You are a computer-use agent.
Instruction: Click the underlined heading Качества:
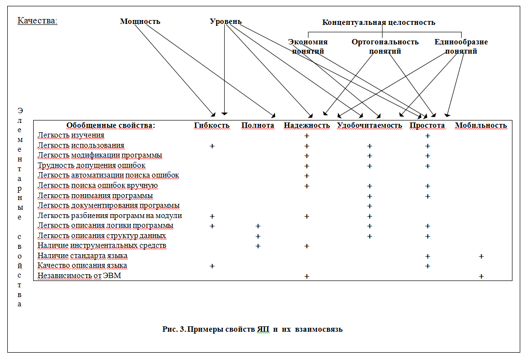click(37, 20)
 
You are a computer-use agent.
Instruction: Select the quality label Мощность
click(140, 21)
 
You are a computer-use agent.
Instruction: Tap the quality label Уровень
click(225, 21)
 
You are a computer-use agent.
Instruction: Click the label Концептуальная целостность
click(378, 22)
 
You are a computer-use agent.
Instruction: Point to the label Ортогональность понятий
click(385, 46)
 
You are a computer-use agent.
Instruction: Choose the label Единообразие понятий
click(461, 46)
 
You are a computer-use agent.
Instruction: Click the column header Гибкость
click(212, 125)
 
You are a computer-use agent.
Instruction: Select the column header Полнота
click(257, 125)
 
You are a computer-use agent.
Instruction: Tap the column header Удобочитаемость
click(370, 125)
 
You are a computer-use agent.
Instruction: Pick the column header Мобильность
click(481, 125)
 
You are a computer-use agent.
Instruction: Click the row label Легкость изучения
click(71, 135)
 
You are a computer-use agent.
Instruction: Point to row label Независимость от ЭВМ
click(79, 276)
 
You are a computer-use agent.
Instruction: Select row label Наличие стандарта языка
click(82, 256)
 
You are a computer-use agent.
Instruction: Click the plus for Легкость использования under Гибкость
click(212, 146)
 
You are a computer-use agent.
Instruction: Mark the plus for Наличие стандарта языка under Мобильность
click(481, 256)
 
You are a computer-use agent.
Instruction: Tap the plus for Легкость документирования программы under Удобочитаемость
click(370, 206)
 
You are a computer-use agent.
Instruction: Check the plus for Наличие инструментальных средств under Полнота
click(258, 246)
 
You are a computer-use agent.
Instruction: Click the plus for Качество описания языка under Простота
click(428, 266)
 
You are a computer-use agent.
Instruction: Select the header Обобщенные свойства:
click(111, 125)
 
